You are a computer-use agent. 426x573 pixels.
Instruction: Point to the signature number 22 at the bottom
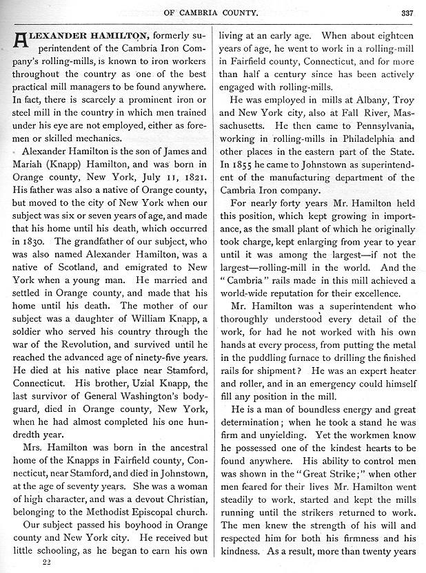pyautogui.click(x=47, y=562)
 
